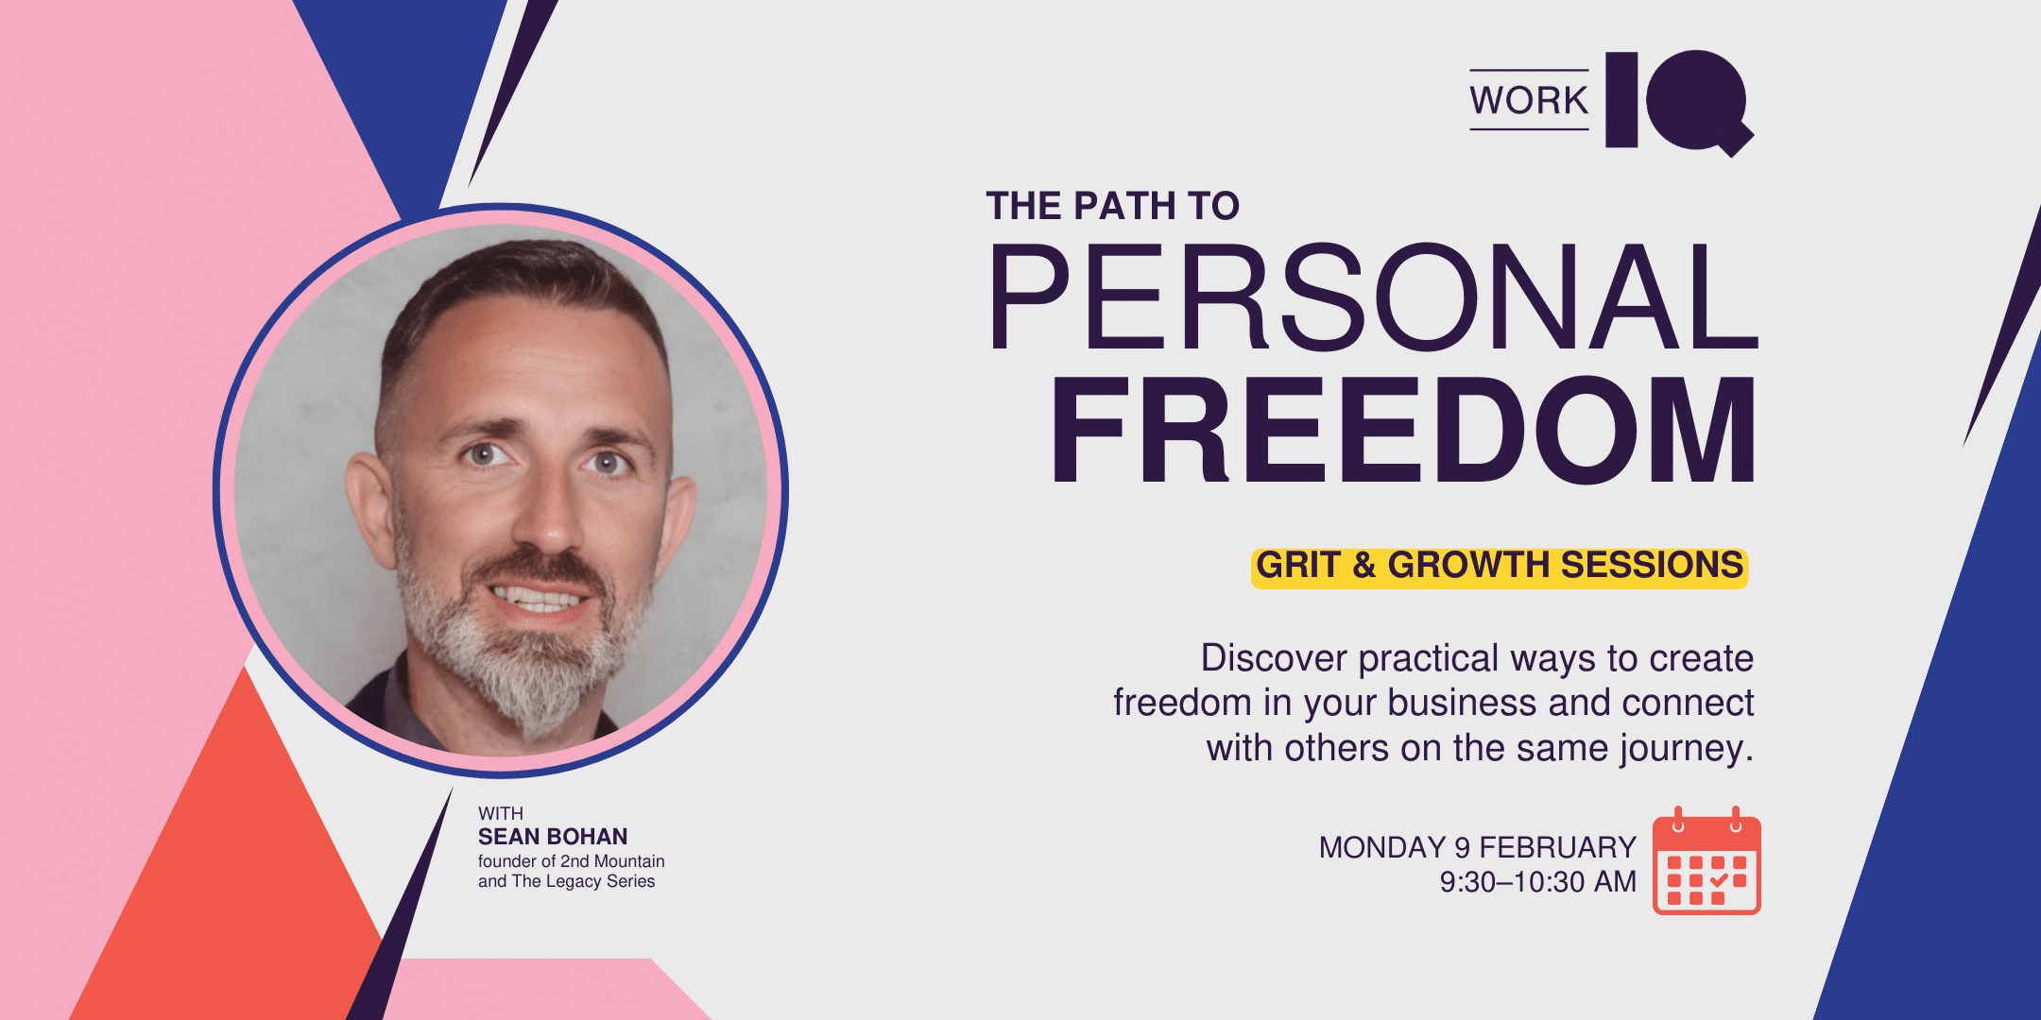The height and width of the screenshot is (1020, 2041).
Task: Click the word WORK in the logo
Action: click(1529, 100)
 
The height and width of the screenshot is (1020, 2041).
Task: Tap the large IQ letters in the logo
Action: click(1679, 102)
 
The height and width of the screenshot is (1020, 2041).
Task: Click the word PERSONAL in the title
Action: click(1372, 297)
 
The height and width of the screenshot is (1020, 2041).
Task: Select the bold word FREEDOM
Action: click(1404, 430)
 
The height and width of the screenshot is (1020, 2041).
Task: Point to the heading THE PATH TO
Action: click(1112, 206)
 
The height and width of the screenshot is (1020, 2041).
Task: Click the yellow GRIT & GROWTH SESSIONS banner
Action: click(1500, 567)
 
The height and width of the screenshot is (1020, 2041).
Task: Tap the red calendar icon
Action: click(1707, 861)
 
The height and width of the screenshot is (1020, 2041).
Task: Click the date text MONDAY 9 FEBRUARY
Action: click(1477, 847)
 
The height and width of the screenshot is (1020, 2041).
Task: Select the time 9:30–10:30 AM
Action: click(1537, 882)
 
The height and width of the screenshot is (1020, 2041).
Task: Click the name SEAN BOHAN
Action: click(553, 837)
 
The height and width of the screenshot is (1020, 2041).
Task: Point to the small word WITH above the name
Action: click(500, 813)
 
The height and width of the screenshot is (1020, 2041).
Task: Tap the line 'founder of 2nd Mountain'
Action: click(571, 861)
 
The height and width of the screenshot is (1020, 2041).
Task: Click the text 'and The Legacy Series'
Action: click(566, 881)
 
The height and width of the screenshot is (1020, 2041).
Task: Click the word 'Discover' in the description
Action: click(1274, 658)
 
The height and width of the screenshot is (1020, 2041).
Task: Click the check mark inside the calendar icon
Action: click(1719, 881)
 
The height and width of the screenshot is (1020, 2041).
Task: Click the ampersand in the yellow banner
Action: click(1364, 566)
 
